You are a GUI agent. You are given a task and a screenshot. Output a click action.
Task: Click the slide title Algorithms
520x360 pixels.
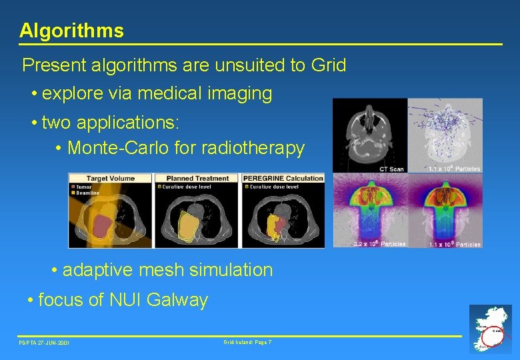click(71, 31)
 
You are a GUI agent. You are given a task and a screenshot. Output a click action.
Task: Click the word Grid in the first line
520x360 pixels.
click(328, 65)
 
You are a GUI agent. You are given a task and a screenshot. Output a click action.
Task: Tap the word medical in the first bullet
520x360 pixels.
click(166, 94)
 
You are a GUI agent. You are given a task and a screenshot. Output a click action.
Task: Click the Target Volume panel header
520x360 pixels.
click(110, 178)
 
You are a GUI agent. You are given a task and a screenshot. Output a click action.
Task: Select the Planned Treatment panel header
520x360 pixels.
click(197, 178)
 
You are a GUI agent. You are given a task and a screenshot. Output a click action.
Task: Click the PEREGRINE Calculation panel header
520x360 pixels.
click(283, 178)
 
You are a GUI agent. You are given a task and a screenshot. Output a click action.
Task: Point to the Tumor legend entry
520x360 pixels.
click(84, 187)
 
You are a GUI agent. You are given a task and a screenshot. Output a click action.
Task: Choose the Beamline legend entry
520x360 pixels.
click(87, 193)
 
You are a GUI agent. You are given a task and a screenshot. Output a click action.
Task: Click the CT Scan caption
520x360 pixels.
click(391, 169)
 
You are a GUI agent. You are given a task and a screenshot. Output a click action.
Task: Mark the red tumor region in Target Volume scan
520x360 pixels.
click(101, 224)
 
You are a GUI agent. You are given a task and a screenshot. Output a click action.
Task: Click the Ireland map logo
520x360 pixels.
click(490, 328)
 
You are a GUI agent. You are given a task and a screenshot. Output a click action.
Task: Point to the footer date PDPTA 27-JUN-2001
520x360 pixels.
click(44, 343)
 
